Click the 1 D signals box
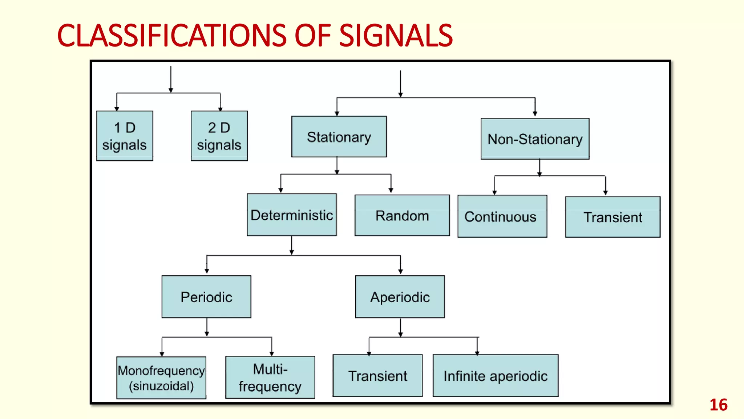click(x=125, y=136)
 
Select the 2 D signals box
click(x=219, y=136)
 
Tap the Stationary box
click(x=339, y=137)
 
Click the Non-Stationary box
click(x=535, y=139)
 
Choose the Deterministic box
click(x=292, y=215)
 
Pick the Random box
click(x=402, y=215)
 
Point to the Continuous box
click(x=502, y=216)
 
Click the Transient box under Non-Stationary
click(x=613, y=217)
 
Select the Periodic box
click(x=206, y=297)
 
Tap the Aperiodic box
click(x=400, y=297)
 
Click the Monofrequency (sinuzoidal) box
click(x=161, y=378)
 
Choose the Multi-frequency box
click(x=270, y=378)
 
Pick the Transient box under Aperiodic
click(x=377, y=376)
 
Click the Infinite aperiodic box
click(x=496, y=376)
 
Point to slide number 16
click(x=718, y=405)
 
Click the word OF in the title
click(x=312, y=36)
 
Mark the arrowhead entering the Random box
click(x=391, y=191)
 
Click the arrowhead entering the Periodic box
click(x=207, y=271)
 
